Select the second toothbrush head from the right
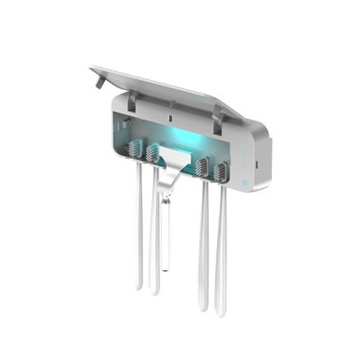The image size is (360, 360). (202, 166)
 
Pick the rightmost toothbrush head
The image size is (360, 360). (219, 171)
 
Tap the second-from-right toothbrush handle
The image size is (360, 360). (203, 247)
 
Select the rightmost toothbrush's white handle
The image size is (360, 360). (221, 252)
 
